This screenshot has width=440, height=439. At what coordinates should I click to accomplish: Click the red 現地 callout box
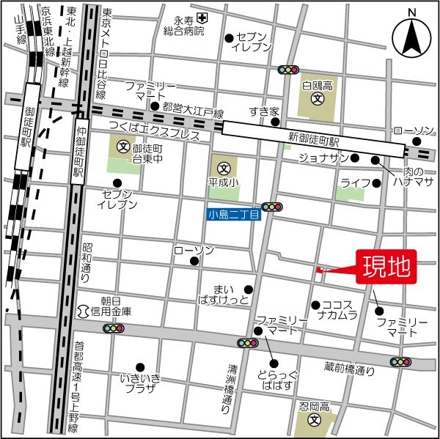click(387, 267)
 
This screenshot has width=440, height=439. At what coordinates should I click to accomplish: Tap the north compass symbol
click(411, 37)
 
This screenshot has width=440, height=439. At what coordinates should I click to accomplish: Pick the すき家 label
click(264, 112)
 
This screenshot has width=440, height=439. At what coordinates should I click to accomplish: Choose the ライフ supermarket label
click(352, 181)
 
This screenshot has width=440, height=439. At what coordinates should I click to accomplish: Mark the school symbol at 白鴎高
click(317, 98)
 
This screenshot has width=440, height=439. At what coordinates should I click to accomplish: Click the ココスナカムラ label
click(338, 310)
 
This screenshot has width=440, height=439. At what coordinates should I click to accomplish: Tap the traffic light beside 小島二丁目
click(272, 207)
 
